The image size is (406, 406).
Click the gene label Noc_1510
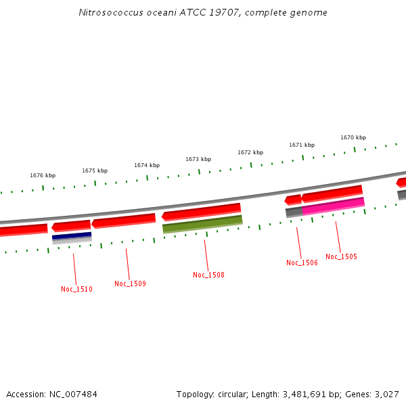[x=76, y=289]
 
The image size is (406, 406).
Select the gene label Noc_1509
[x=130, y=284]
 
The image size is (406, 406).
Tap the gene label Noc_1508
[x=208, y=275]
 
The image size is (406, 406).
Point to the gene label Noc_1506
[x=302, y=263]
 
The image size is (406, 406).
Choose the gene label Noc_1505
[x=341, y=256]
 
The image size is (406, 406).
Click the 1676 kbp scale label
[x=43, y=175]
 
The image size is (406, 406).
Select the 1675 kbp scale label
[x=95, y=171]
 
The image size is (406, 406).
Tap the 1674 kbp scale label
[x=147, y=165]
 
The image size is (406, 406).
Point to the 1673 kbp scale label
[x=198, y=159]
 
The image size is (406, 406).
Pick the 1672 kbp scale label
[x=250, y=152]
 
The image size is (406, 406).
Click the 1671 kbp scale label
[x=302, y=145]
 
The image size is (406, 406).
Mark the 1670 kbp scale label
[x=353, y=137]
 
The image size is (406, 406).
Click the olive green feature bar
[x=202, y=223]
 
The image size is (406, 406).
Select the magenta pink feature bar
[x=334, y=206]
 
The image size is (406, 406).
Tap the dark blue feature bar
[x=72, y=236]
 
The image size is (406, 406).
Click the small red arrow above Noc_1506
[x=293, y=200]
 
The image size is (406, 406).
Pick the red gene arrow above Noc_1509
[x=124, y=221]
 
